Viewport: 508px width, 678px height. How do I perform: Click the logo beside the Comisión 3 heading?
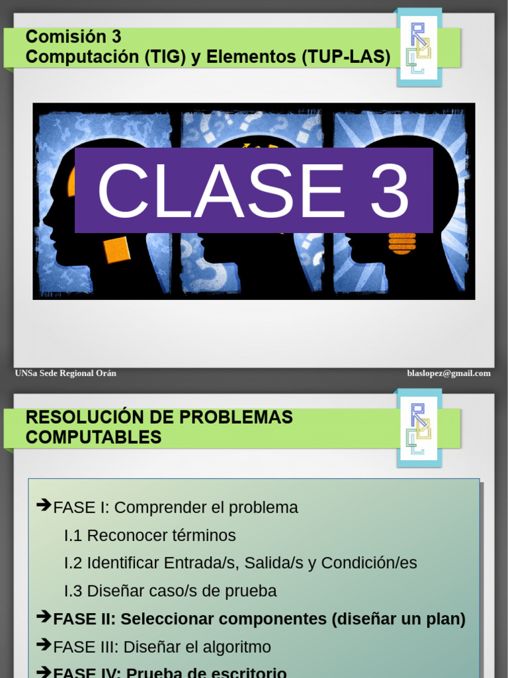coord(418,48)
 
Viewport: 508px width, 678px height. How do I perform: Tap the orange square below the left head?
coord(116,250)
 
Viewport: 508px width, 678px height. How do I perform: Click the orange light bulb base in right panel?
coord(402,244)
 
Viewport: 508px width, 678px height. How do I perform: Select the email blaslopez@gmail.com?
coord(448,373)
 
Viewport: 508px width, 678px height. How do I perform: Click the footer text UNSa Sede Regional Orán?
coord(65,373)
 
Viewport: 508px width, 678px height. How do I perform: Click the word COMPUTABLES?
coord(93,437)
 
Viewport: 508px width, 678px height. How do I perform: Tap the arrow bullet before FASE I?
coord(44,506)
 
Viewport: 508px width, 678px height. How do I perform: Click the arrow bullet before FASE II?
coord(44,617)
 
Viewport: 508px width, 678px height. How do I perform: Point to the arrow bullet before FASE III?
coord(44,645)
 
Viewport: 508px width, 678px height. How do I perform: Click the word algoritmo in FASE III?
coord(238,647)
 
